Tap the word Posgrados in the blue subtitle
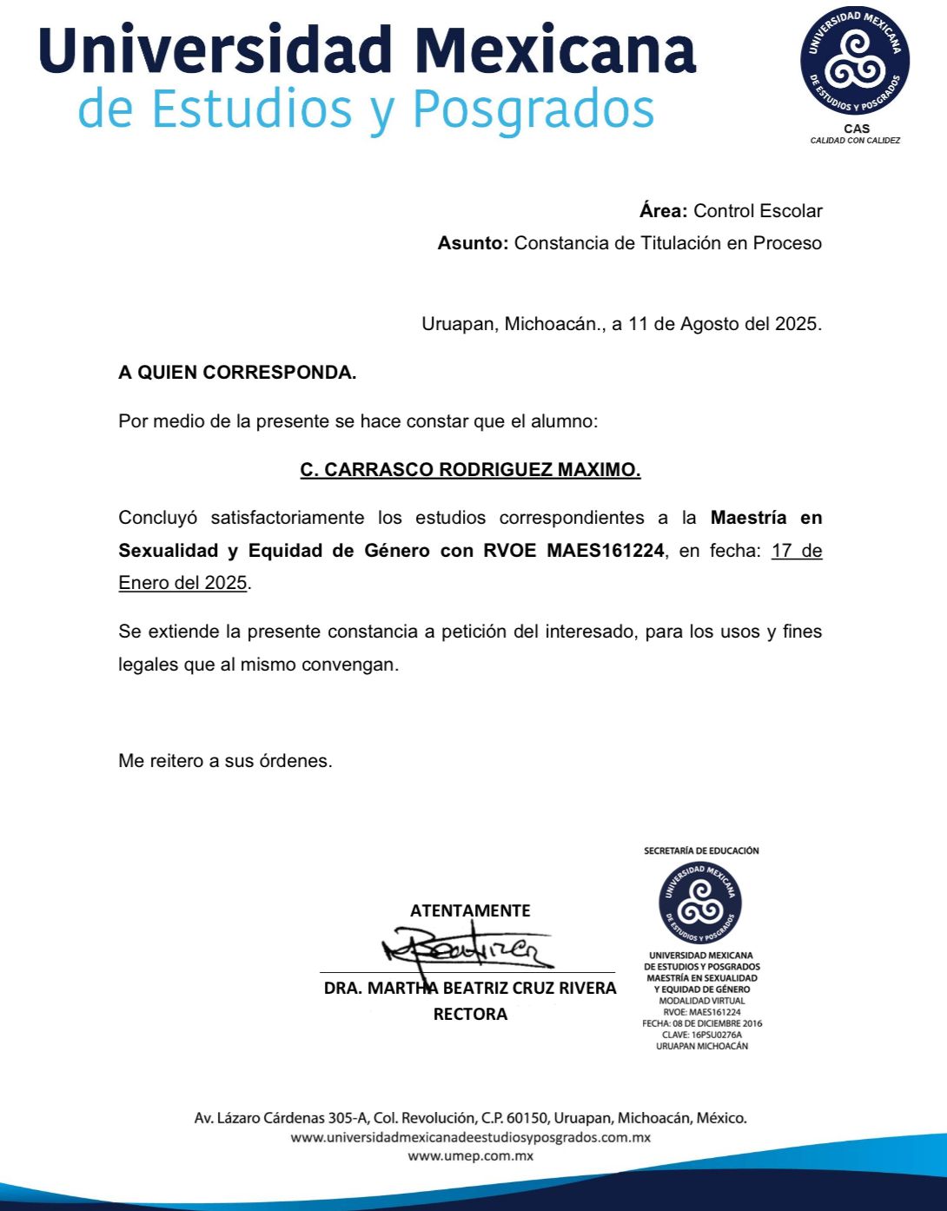[533, 109]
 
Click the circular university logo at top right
[855, 60]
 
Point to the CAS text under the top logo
[856, 129]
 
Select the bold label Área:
[664, 211]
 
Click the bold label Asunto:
[473, 243]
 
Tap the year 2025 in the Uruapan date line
[796, 324]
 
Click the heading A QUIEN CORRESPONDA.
[237, 373]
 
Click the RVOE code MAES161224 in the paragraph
[605, 551]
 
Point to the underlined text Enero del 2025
[183, 583]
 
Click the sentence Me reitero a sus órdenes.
[225, 761]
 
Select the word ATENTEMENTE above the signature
[470, 910]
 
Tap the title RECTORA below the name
[470, 1014]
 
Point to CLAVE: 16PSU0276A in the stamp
[702, 1035]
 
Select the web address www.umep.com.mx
[470, 1155]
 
